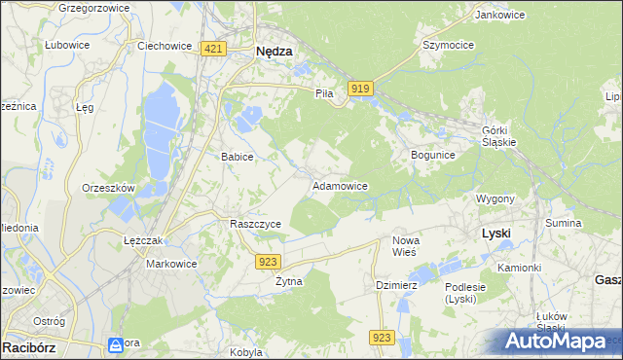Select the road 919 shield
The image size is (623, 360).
361,89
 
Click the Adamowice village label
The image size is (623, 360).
339,185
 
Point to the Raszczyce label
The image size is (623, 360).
255,224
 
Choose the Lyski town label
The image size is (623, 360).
496,234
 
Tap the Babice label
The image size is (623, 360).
238,157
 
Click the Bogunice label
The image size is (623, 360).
433,155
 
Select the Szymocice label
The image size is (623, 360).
448,45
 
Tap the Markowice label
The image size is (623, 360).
171,264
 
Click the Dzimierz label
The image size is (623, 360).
396,285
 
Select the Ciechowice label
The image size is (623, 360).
163,45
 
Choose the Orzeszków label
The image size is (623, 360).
108,188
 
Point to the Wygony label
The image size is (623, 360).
495,198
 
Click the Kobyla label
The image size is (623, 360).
247,352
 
